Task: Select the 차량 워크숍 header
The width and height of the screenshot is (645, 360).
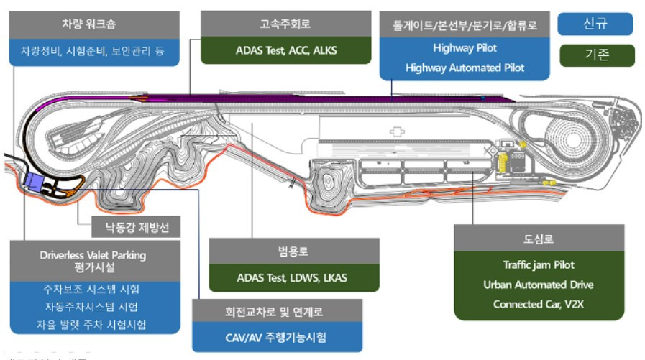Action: (93, 24)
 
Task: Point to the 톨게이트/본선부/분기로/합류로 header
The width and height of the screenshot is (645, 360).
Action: (465, 25)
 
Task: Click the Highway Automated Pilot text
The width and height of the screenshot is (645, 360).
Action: (465, 68)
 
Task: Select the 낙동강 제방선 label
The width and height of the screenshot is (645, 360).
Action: (134, 229)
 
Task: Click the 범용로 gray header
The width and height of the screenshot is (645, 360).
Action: (293, 251)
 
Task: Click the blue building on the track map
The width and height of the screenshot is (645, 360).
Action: (33, 180)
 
